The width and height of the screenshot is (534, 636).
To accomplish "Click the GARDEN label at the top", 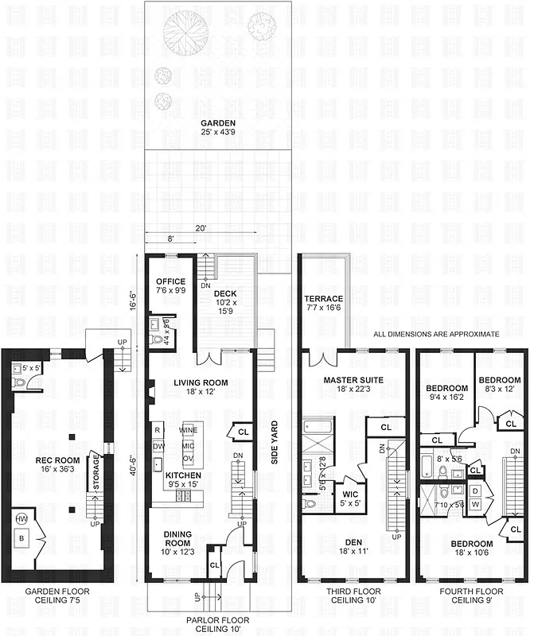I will coord(217,123).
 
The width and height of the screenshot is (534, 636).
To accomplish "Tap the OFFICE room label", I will coord(170,281).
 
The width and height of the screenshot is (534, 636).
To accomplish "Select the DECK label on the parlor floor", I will coord(225,293).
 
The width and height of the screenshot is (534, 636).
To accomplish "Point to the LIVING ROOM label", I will coord(201,382).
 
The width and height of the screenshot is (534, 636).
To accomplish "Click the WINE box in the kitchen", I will coord(189,429).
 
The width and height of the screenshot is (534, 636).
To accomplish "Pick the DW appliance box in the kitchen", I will coord(158,446).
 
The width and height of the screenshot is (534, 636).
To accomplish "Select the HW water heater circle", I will coord(20,519).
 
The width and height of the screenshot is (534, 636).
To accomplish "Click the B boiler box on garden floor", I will coord(21,539).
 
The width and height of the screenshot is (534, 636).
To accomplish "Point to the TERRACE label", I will coord(323,299).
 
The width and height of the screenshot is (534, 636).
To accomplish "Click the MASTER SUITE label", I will coord(351,380).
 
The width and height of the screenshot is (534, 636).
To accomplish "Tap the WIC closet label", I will coord(350,494).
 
